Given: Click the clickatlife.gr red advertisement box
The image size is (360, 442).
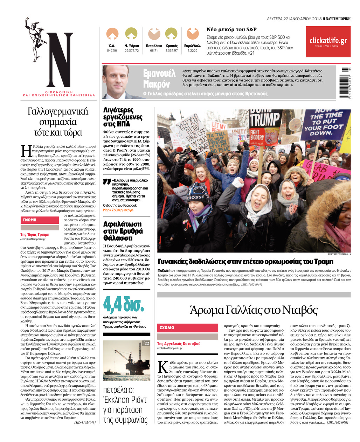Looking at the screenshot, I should (x=328, y=42).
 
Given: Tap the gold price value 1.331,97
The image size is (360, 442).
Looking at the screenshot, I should (x=171, y=51).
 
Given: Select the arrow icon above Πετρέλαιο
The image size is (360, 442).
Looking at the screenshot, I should (x=154, y=34).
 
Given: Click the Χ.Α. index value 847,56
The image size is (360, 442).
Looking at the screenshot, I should (x=112, y=51).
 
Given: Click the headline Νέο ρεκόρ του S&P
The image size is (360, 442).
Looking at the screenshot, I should (x=231, y=29).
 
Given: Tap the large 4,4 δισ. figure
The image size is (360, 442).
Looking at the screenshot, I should (x=123, y=305).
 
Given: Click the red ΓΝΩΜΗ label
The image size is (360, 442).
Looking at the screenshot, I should (x=40, y=220).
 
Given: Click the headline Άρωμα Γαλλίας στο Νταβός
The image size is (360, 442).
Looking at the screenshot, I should (x=254, y=310).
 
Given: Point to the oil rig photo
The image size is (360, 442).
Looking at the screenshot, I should (x=127, y=360).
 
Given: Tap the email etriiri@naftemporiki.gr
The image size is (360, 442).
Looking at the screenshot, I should (x=33, y=239).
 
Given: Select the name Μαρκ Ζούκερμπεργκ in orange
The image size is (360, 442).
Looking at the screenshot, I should (x=118, y=210).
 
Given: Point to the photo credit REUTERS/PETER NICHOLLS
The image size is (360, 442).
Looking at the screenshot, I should (x=339, y=254).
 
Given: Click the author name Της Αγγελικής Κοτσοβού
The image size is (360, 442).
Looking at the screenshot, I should (x=179, y=344).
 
